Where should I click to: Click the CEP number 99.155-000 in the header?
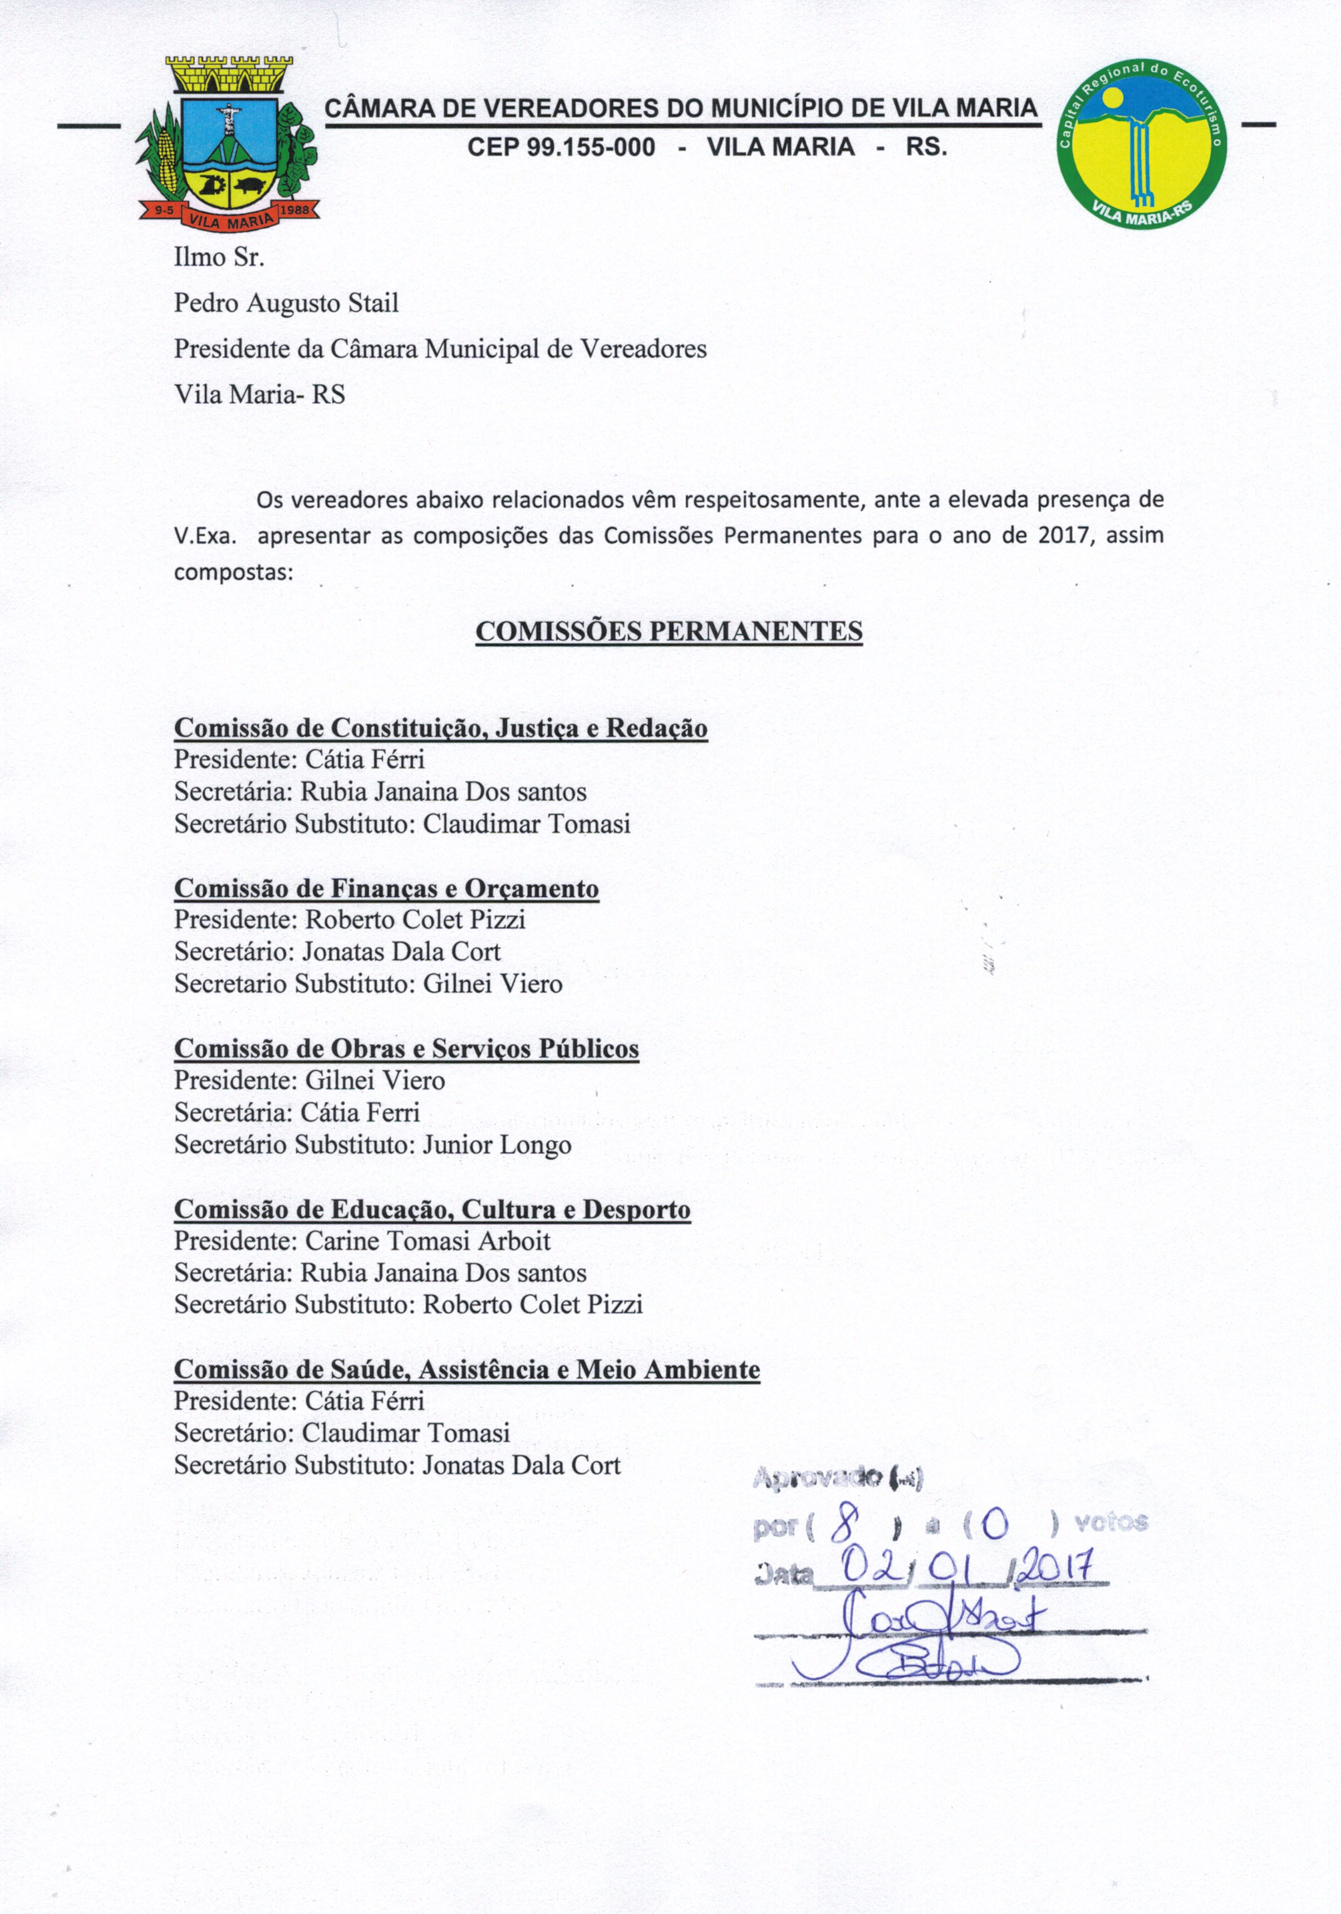coord(561,148)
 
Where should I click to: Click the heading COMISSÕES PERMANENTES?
coord(669,631)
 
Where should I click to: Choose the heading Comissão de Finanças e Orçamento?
coord(386,889)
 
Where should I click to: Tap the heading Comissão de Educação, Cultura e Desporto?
coord(432,1209)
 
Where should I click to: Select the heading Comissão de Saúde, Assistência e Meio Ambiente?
coord(466,1369)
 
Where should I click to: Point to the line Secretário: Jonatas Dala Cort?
coord(337,952)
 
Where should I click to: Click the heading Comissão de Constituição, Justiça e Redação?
coord(440,728)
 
